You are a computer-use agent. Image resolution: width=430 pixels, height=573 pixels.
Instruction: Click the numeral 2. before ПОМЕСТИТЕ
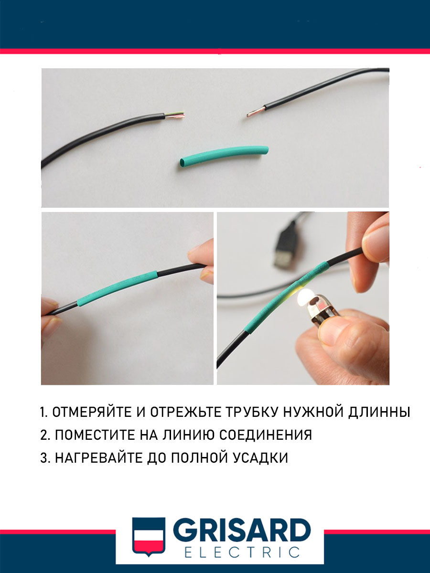click(x=45, y=435)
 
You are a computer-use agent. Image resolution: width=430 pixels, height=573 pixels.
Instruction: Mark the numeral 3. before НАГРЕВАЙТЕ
click(x=45, y=458)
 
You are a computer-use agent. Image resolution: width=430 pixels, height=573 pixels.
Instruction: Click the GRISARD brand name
click(x=241, y=531)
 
